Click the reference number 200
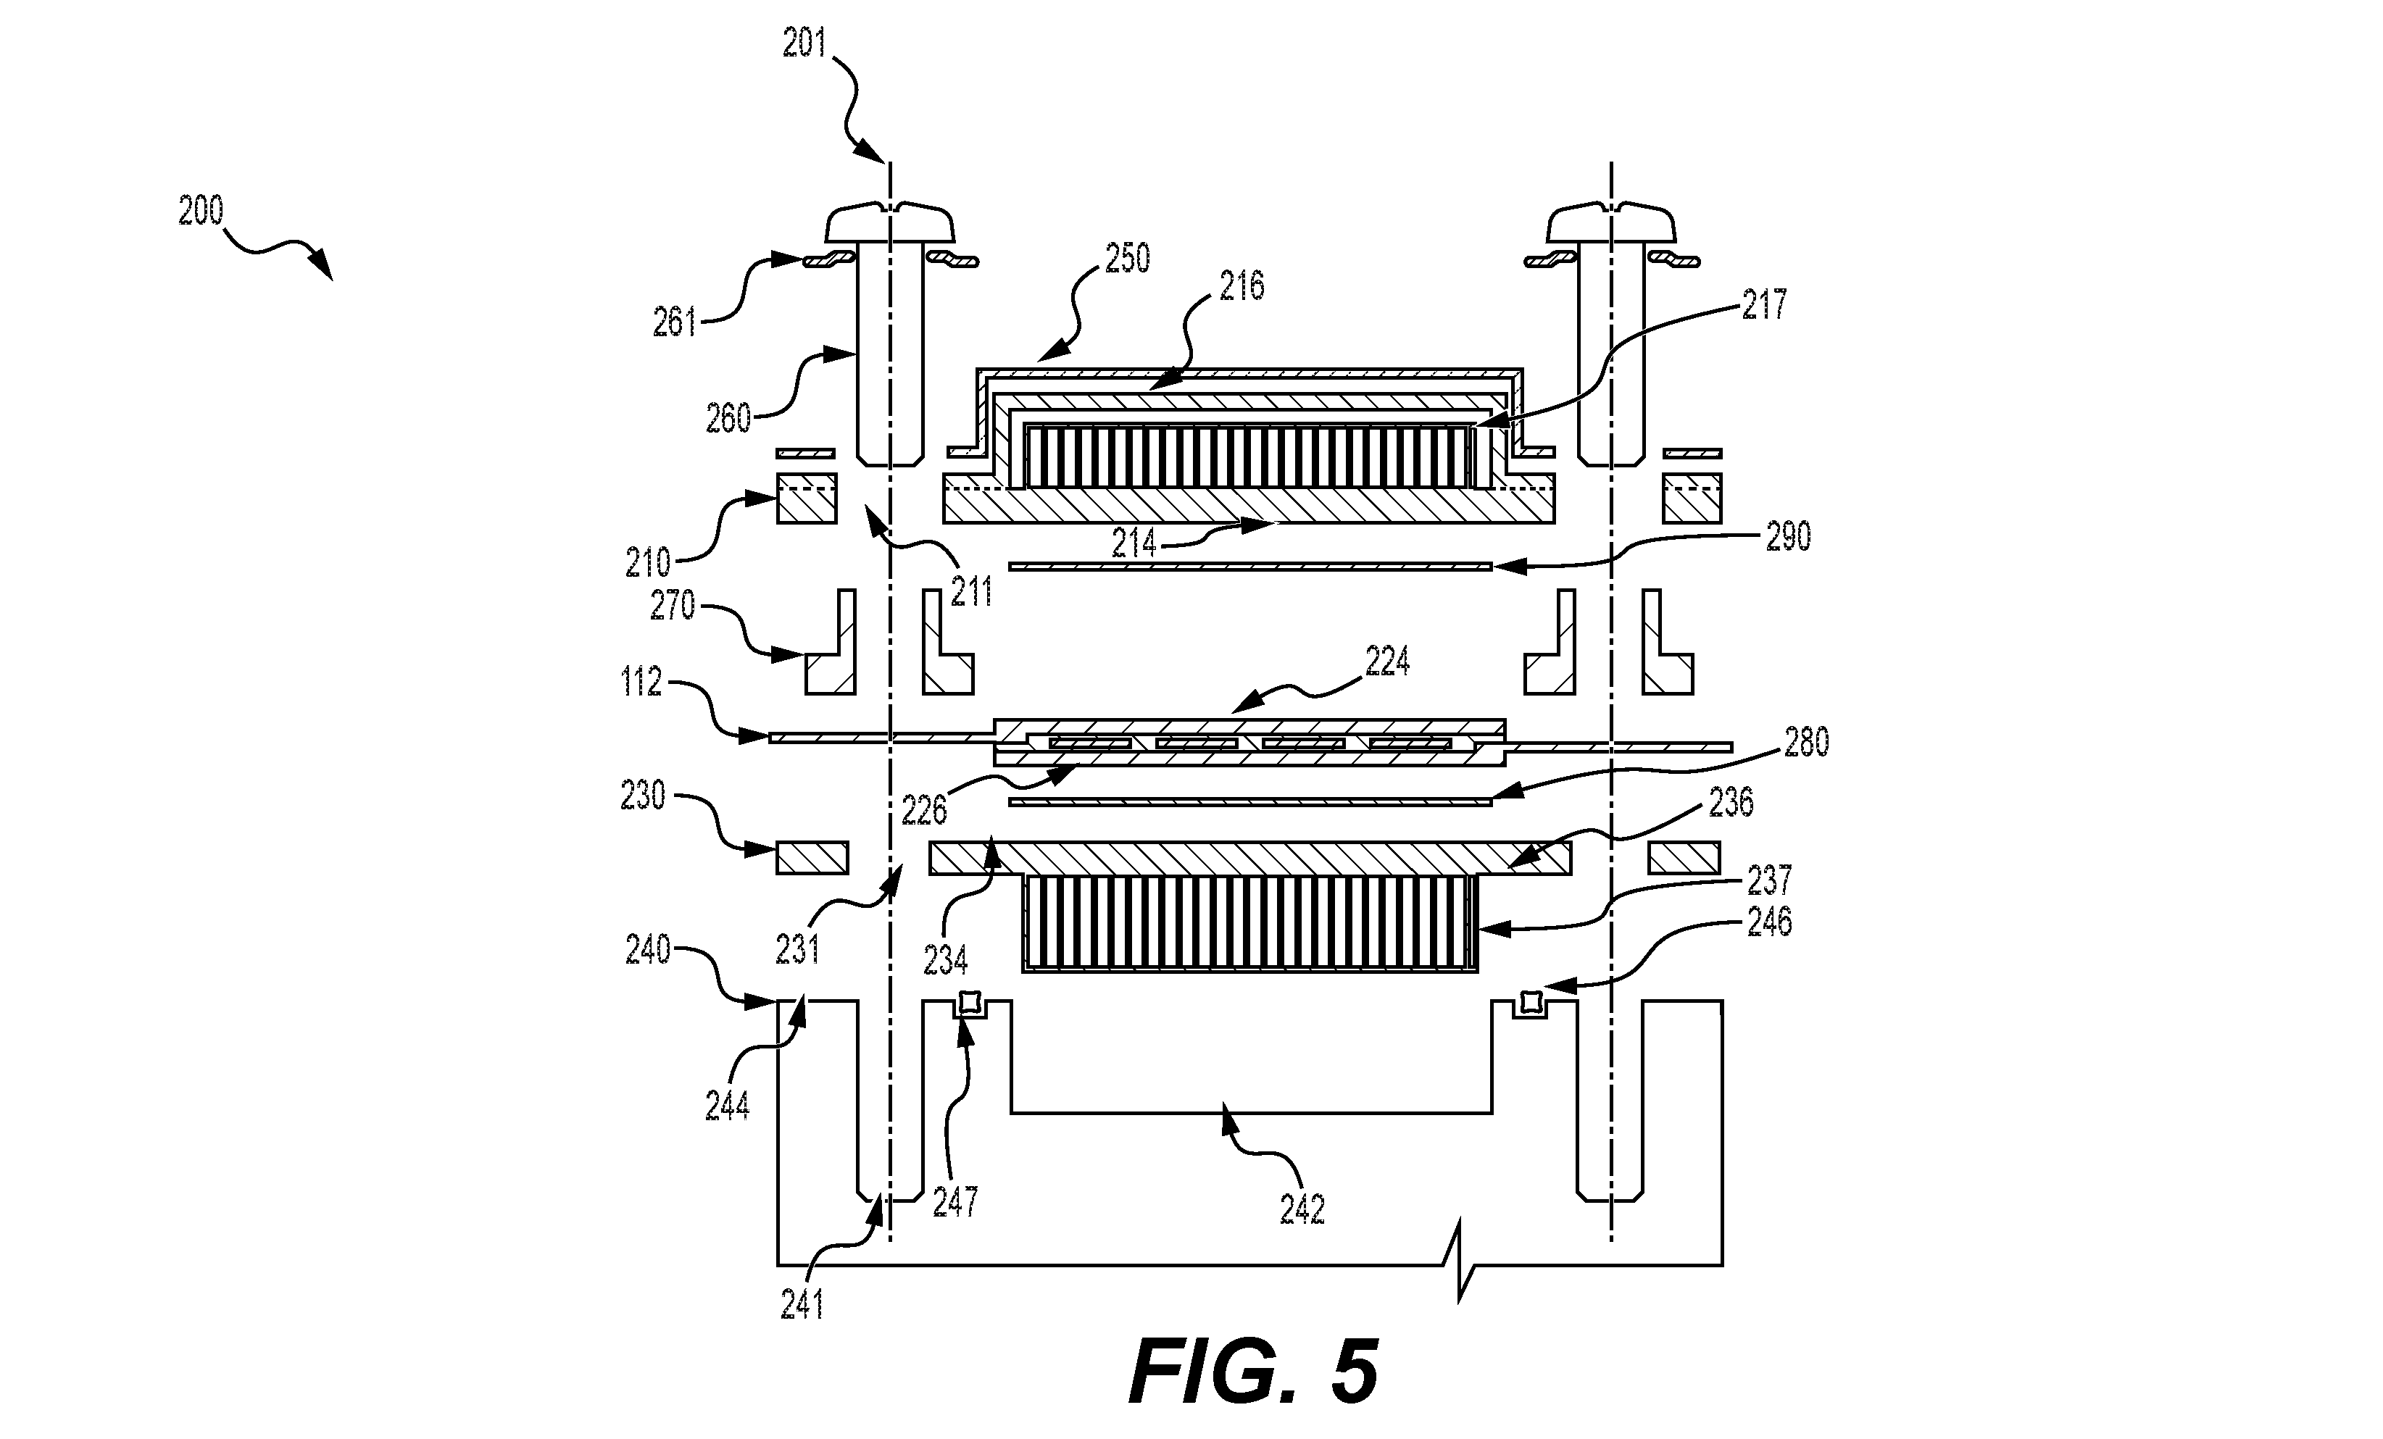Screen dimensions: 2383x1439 (201, 211)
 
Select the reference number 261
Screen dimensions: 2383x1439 (675, 322)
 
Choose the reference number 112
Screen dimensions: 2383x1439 (641, 682)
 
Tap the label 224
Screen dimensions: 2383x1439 (1387, 662)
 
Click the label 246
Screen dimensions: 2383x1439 (1769, 922)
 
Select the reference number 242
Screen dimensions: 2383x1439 (1302, 1210)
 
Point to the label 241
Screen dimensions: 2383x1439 (802, 1306)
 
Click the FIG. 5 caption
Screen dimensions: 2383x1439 (1253, 1372)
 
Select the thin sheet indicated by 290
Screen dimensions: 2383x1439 (1250, 566)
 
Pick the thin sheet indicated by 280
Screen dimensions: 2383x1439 (1250, 801)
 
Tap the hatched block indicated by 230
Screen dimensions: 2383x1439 (812, 858)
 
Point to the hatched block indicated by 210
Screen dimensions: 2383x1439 (807, 498)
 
